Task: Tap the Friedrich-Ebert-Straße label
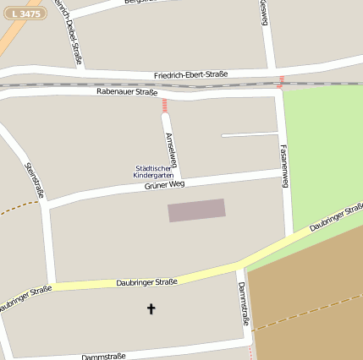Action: point(190,75)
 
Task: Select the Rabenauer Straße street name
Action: point(127,91)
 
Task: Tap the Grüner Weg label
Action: point(164,184)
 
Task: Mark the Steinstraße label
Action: point(35,180)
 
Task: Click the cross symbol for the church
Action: point(151,309)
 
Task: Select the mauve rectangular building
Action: point(196,210)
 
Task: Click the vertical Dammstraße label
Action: point(244,303)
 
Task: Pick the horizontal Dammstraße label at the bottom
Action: point(103,357)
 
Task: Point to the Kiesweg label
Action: point(265,13)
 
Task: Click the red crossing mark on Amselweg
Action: point(164,105)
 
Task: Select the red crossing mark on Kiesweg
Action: point(280,81)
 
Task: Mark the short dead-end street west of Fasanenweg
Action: point(250,134)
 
